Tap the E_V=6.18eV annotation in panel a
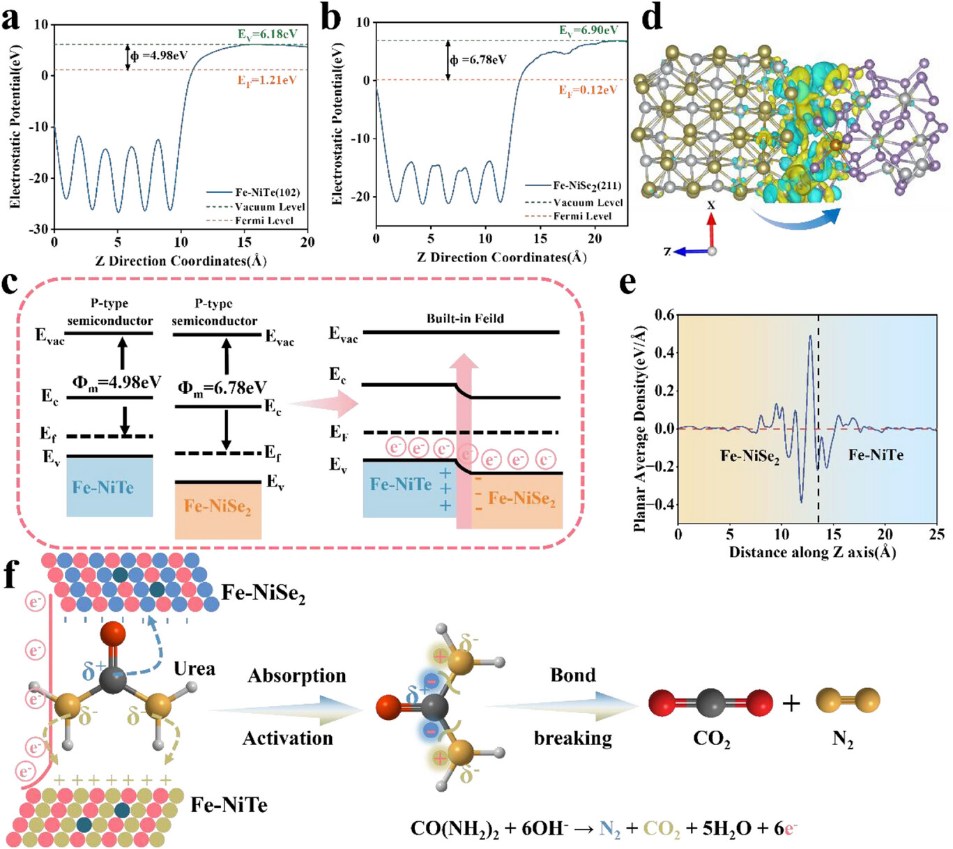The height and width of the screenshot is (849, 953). tap(267, 34)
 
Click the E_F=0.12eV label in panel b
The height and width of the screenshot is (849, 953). tap(588, 91)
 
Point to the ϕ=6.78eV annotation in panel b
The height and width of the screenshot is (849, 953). tap(478, 60)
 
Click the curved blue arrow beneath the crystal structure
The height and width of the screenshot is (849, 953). tap(795, 220)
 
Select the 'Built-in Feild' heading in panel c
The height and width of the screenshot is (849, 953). tap(465, 319)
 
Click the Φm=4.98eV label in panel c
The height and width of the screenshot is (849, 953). tap(116, 383)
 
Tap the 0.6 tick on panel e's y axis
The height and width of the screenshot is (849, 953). tap(664, 315)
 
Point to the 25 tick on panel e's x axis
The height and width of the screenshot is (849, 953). tap(936, 535)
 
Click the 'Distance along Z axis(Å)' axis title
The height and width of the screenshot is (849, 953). tap(812, 553)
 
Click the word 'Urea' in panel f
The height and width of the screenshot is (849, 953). tap(195, 668)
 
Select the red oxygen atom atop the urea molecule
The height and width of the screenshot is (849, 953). tap(113, 635)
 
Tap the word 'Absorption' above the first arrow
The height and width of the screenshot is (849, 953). tap(297, 675)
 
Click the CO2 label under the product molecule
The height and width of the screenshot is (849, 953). tap(711, 739)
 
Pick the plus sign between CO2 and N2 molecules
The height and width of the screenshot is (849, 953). tap(791, 703)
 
